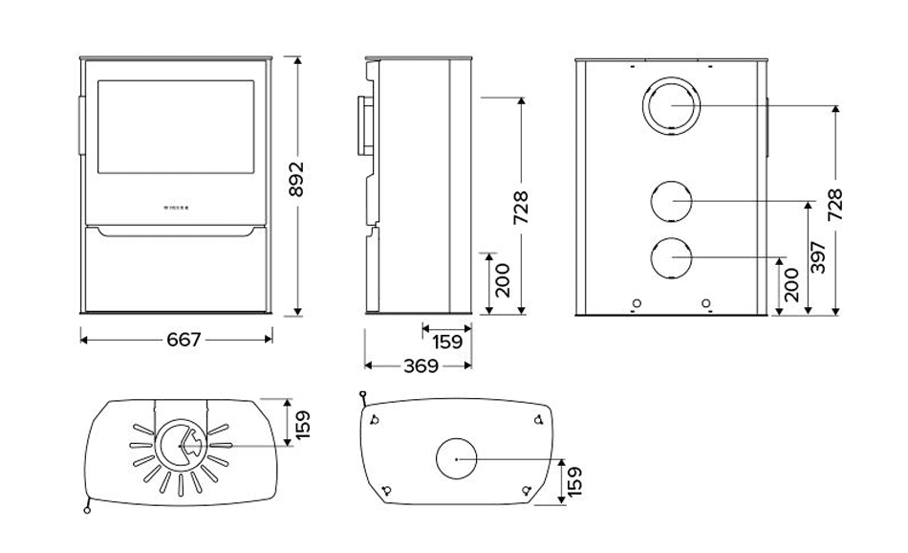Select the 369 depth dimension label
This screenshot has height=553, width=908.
pos(420,365)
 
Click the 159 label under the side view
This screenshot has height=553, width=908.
pos(445,341)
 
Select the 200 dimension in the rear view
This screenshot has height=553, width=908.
pos(790,285)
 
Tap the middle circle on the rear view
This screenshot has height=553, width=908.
pos(671,201)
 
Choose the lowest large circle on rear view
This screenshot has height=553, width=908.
pos(671,257)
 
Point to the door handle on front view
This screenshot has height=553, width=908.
pos(80,123)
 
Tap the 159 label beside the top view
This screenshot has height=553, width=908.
pos(303,424)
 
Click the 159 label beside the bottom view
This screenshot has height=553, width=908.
pos(573,481)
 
